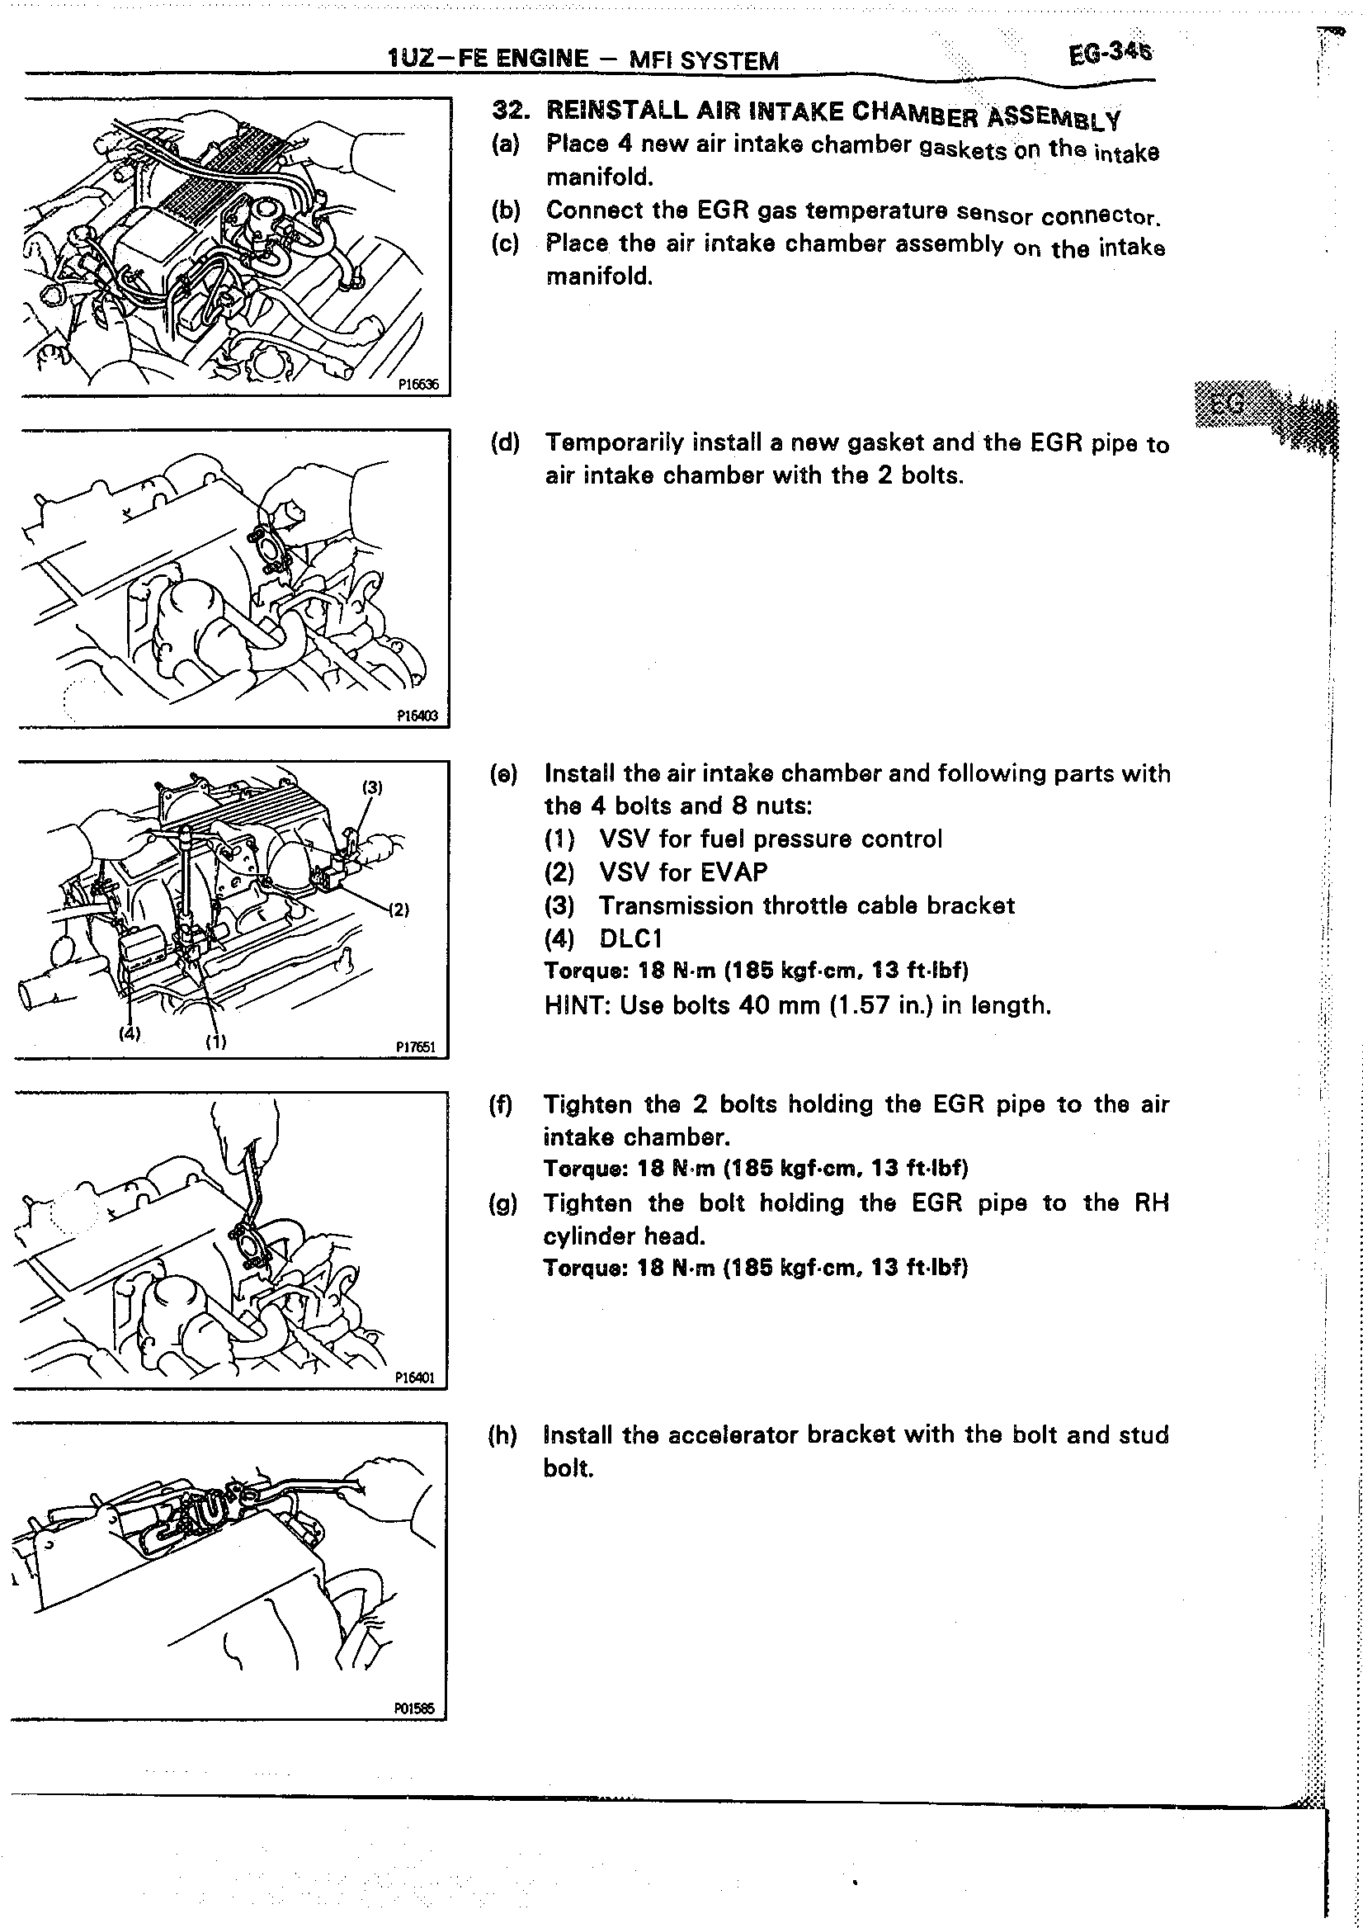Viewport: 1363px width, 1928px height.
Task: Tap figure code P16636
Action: (418, 385)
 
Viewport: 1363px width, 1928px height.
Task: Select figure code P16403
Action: (417, 716)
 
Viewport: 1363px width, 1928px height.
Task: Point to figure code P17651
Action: (416, 1047)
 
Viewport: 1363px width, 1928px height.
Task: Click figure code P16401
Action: (415, 1378)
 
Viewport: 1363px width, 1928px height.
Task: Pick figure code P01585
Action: (414, 1708)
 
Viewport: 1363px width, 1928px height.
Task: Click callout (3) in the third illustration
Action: (372, 787)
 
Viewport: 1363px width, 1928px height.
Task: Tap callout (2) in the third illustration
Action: (399, 910)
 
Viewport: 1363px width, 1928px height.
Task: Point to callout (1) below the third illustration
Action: (216, 1042)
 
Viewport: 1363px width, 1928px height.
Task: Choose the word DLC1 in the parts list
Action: (630, 938)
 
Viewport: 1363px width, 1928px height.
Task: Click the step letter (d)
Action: (505, 442)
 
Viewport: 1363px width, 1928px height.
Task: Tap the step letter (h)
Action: (502, 1435)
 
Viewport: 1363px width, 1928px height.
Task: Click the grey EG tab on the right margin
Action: (1230, 404)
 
